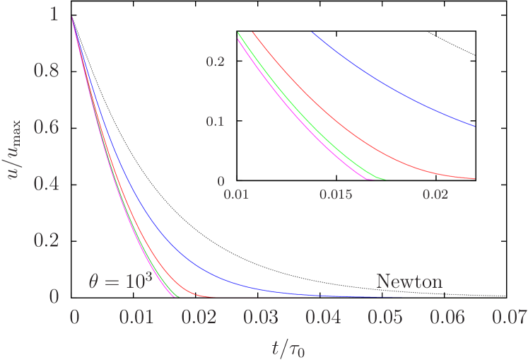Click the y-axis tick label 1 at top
pyautogui.click(x=54, y=15)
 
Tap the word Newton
pyautogui.click(x=409, y=281)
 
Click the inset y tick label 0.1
pyautogui.click(x=215, y=122)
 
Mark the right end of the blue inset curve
pyautogui.click(x=474, y=127)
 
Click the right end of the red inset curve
pyautogui.click(x=474, y=179)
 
